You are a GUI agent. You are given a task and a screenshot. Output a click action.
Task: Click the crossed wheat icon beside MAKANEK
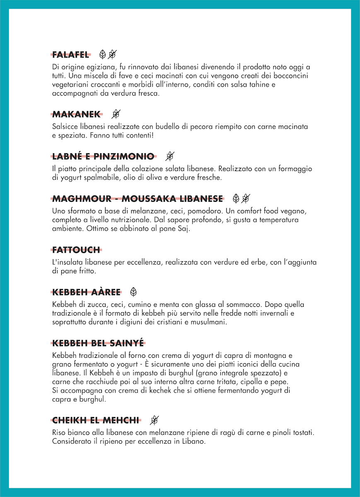(x=116, y=114)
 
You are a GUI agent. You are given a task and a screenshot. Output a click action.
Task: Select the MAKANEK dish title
(x=76, y=114)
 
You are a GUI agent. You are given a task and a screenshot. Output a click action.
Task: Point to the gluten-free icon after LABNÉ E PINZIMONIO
(x=169, y=156)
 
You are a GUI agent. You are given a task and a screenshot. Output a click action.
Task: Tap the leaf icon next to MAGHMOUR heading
(x=236, y=198)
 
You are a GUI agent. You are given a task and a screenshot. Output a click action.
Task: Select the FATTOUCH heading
(x=76, y=250)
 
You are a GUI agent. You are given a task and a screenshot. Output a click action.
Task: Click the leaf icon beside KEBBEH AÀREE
(x=133, y=292)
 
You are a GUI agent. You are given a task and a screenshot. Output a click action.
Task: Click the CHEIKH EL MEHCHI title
(x=95, y=420)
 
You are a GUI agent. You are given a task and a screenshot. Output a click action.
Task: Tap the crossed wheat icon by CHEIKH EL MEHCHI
(x=154, y=420)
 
